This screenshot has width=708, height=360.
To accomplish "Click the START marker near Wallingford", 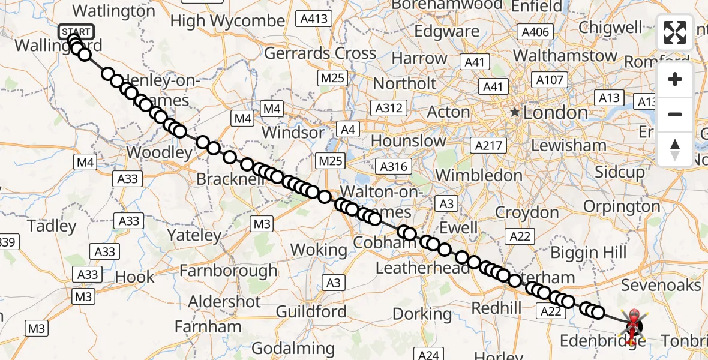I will click(x=76, y=31).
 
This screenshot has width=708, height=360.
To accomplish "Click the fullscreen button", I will click(x=675, y=32).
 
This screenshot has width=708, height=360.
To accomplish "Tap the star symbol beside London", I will click(x=514, y=112).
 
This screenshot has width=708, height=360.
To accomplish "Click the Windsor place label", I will click(x=293, y=132).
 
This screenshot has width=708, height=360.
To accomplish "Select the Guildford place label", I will click(x=311, y=311).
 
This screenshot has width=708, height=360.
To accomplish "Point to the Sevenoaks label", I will click(x=661, y=284).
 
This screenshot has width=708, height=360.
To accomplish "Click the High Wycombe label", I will click(x=227, y=21).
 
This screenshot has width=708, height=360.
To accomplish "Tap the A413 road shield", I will click(x=314, y=19).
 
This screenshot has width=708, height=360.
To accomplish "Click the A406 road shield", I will click(x=535, y=32).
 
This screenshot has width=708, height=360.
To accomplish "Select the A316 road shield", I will click(x=392, y=167).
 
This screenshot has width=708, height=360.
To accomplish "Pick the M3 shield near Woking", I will click(x=262, y=224).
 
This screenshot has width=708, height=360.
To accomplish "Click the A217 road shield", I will click(x=490, y=145).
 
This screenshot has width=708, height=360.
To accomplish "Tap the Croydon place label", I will click(x=527, y=212).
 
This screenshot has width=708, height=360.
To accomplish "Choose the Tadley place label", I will click(x=52, y=226).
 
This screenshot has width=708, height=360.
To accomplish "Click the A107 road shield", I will click(x=549, y=80).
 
